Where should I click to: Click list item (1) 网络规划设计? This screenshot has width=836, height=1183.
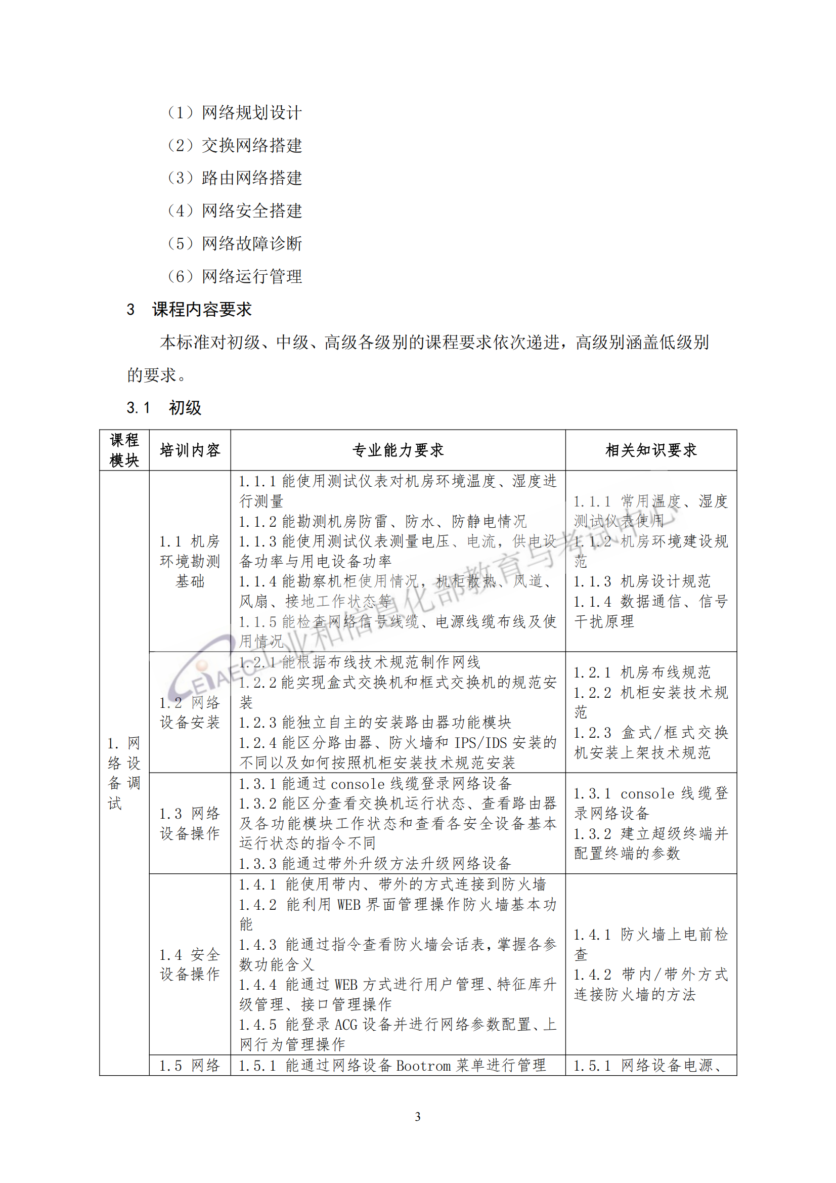coord(234,112)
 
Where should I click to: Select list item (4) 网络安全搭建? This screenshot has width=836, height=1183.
coord(234,210)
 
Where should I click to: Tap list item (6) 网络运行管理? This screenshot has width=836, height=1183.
coord(234,276)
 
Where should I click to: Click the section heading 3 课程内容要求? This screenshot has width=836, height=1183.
coord(189,309)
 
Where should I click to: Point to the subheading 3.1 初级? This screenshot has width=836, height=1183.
coord(164,407)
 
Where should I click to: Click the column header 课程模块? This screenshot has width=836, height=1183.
coord(124,450)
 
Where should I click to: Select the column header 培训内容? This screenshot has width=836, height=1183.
coord(190,450)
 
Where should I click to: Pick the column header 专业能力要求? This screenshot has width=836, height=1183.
coord(398,450)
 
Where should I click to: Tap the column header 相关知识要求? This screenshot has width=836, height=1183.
coord(650,450)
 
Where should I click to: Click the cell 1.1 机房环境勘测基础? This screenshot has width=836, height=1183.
coord(190,561)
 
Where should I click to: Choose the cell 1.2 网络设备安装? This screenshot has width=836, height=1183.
coord(190,712)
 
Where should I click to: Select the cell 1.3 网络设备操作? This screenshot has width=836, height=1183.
coord(190,823)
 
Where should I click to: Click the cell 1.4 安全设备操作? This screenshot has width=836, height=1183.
coord(190,964)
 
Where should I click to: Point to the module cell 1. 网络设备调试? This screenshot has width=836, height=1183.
coord(123,773)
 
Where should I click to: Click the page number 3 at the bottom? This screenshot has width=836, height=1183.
coord(418,1117)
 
